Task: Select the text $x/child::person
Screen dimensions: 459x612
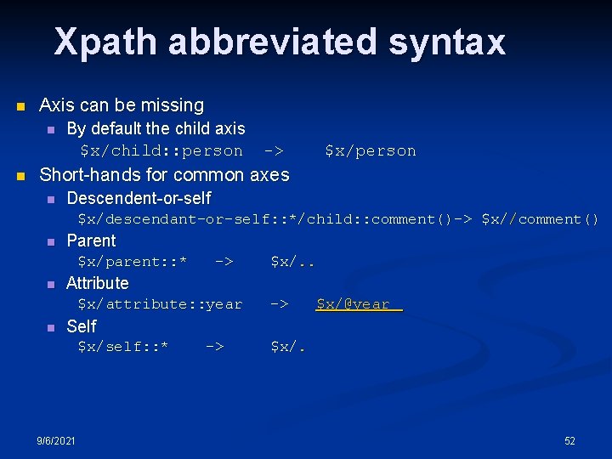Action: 161,151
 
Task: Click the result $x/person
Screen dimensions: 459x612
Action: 370,151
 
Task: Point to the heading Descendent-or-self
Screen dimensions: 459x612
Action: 139,198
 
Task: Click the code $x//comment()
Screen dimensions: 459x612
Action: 540,219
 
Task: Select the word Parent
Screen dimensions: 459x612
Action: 91,241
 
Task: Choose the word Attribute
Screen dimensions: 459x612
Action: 98,283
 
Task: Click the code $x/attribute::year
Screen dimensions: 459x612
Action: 160,304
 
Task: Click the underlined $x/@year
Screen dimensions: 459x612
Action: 357,304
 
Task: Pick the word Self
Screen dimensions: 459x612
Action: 82,326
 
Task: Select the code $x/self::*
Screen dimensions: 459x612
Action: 122,347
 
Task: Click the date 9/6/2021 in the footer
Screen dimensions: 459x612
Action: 56,440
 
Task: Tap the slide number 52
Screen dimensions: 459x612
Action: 569,440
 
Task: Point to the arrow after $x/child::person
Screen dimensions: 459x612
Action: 273,151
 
